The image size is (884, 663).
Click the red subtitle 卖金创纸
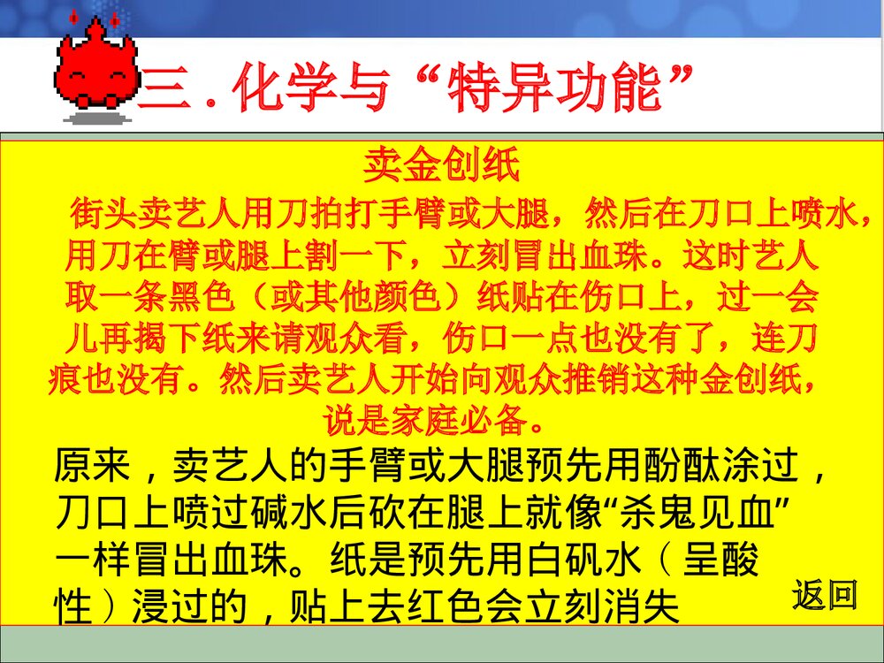(x=441, y=165)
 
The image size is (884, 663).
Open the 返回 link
(x=824, y=595)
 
